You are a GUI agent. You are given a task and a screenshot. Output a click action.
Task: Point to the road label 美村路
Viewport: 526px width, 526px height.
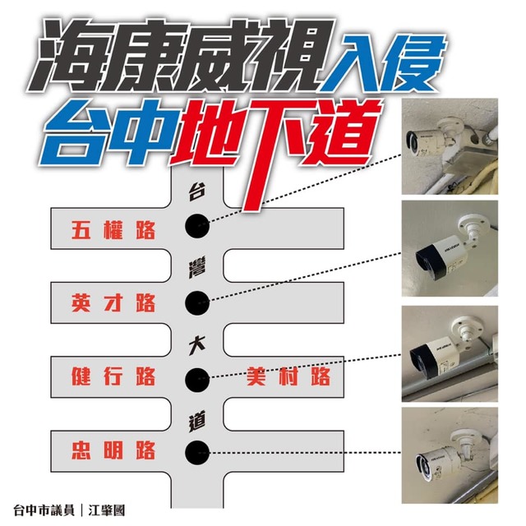(x=288, y=377)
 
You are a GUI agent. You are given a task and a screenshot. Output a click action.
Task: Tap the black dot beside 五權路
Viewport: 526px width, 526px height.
(x=197, y=224)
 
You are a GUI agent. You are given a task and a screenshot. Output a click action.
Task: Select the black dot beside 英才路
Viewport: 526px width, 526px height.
(x=197, y=302)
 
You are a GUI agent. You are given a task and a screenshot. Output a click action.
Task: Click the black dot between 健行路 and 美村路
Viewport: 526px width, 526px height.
(x=197, y=377)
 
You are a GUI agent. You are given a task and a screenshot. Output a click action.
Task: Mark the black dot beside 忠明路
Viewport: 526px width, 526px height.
(x=197, y=450)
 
